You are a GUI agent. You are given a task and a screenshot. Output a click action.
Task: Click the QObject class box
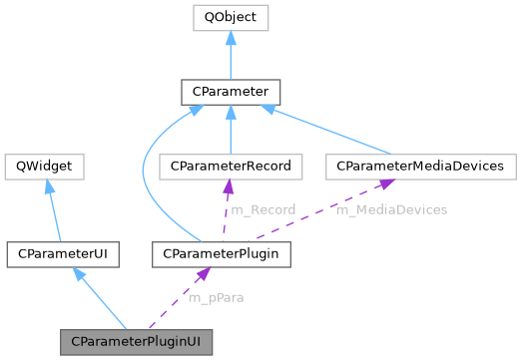coord(230,19)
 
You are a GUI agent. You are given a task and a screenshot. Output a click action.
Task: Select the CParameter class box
coord(230,93)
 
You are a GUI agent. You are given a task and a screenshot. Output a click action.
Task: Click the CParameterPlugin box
coord(222,254)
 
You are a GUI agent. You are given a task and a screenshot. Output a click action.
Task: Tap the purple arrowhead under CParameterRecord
coord(228,186)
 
